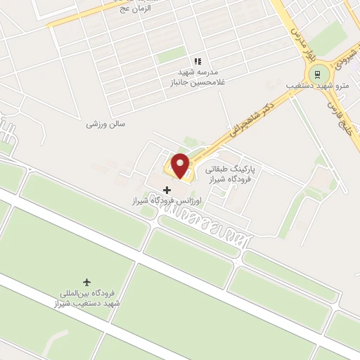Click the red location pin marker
pyautogui.click(x=180, y=165)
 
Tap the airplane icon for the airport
pyautogui.click(x=87, y=282)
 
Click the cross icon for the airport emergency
pyautogui.click(x=167, y=189)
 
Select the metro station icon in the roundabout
pyautogui.click(x=318, y=73)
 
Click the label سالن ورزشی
pyautogui.click(x=105, y=124)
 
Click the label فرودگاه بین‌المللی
pyautogui.click(x=87, y=293)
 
